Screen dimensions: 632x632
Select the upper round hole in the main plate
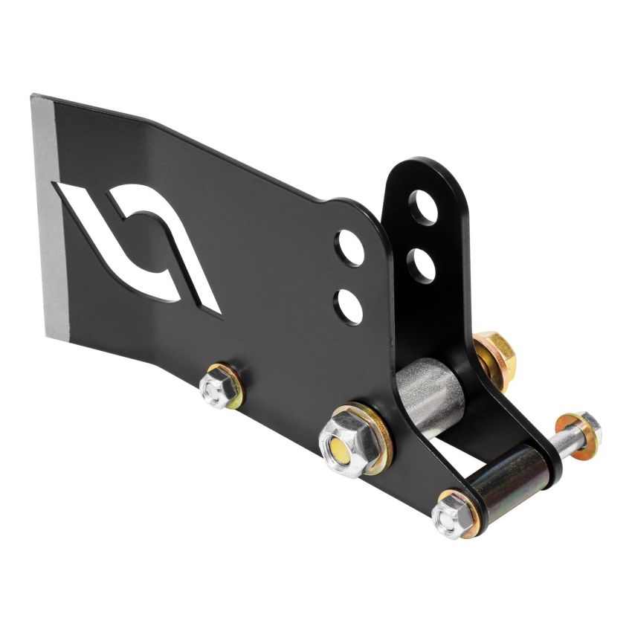349,248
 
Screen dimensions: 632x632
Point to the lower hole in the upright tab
422,264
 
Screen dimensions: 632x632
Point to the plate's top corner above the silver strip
34,96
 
